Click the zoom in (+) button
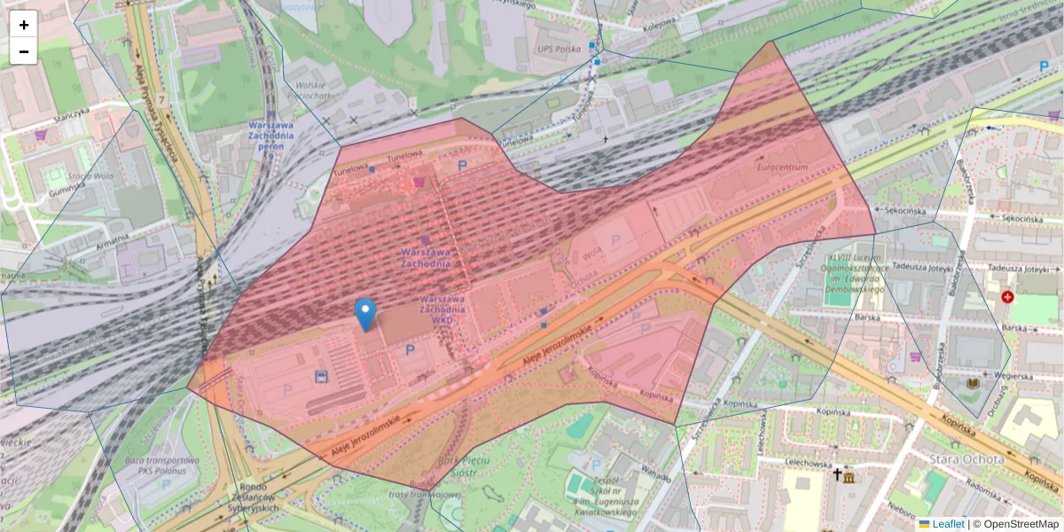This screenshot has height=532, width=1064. coord(24,24)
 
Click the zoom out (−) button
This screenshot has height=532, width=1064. coord(24,51)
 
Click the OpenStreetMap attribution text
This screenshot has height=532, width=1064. coord(1021,524)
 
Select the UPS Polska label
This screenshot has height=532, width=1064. coord(558,49)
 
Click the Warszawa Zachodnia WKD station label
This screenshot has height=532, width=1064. coord(443,309)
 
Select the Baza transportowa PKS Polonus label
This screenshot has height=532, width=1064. coord(161,466)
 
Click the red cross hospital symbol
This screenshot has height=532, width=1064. coord(1007,296)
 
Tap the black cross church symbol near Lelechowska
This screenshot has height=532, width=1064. coord(836,474)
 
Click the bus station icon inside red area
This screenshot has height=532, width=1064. coord(320,377)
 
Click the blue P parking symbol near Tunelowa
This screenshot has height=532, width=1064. coord(461,165)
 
